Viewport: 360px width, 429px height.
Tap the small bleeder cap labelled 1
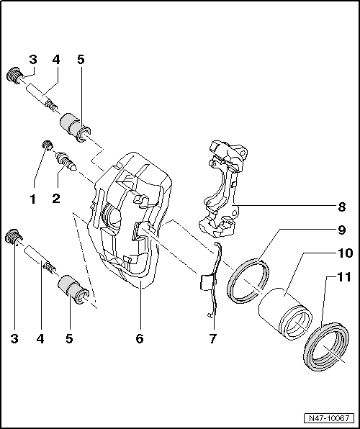point(47,146)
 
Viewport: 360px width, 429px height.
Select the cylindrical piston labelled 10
point(284,313)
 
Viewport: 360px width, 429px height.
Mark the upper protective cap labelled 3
point(13,73)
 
